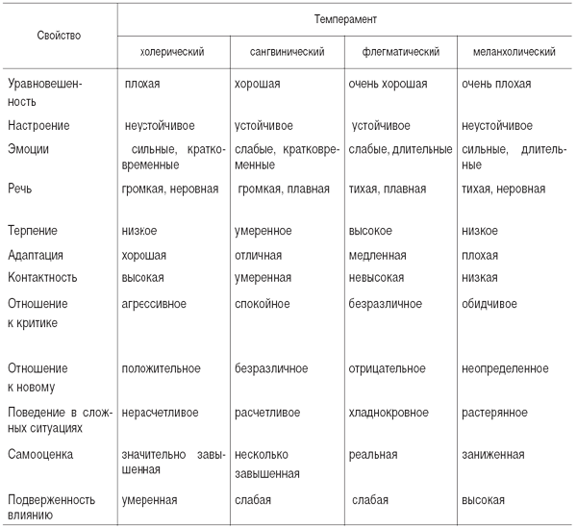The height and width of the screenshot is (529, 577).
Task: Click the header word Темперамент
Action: [345, 19]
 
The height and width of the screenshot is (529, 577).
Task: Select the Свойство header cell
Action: [59, 36]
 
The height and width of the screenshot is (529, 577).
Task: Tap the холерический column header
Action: [172, 52]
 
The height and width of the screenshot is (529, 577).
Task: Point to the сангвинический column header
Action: [287, 52]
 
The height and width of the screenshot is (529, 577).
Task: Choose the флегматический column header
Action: [401, 52]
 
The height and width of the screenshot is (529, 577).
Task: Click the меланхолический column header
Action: [514, 52]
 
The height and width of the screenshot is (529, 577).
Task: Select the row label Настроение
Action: [38, 126]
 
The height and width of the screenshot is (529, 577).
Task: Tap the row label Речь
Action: [20, 189]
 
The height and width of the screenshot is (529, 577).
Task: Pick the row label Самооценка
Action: [40, 454]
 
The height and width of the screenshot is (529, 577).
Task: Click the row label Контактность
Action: [42, 277]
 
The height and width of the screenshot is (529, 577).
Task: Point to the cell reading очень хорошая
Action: [388, 84]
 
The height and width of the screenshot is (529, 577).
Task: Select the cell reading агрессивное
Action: [154, 304]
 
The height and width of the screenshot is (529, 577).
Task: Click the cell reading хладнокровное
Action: [389, 413]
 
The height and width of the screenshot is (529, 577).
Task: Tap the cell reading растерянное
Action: [494, 413]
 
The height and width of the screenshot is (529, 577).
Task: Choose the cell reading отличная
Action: [259, 255]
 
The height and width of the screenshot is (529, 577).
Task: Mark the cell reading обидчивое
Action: [489, 304]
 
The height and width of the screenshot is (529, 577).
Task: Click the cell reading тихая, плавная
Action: [388, 189]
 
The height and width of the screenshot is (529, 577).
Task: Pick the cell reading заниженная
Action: [493, 454]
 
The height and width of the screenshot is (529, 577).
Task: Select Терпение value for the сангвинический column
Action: [263, 231]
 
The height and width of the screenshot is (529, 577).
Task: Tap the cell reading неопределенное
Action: [505, 368]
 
